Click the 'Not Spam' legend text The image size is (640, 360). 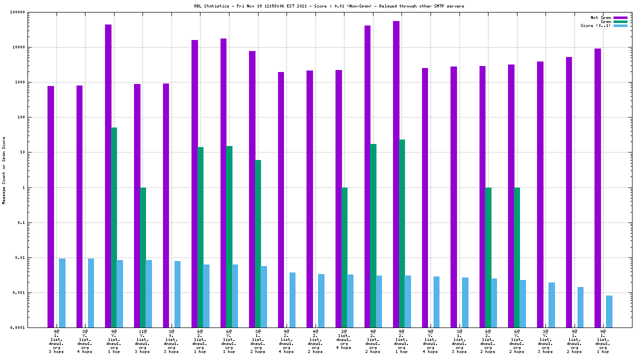click(x=600, y=17)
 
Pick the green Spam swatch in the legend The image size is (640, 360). click(x=620, y=21)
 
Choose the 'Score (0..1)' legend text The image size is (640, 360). click(x=595, y=25)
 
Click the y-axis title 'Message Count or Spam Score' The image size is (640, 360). click(x=4, y=170)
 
